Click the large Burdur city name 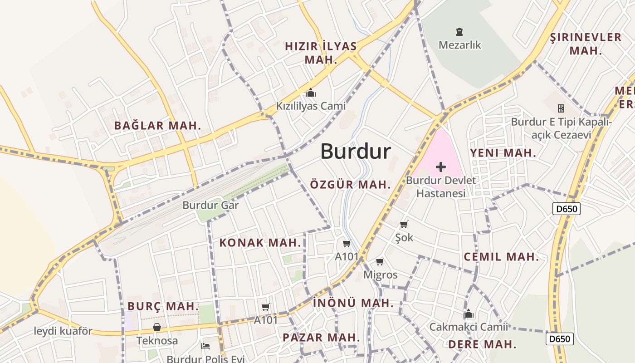[356, 151]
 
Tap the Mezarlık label [460, 45]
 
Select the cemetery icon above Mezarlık [460, 32]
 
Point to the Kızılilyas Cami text [311, 106]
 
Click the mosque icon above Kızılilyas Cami [311, 93]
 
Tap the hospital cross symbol [440, 167]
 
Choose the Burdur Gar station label [210, 205]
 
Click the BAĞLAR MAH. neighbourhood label [157, 126]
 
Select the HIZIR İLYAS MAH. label [321, 53]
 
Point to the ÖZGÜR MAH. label [350, 185]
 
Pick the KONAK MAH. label [260, 243]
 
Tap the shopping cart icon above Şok [404, 224]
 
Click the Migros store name [380, 275]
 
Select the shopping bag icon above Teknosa [157, 327]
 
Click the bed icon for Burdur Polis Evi [205, 346]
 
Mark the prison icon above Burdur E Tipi [561, 108]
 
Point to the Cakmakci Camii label [469, 327]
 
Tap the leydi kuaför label [63, 331]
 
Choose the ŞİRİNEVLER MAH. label [586, 44]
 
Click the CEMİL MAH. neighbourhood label [501, 257]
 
